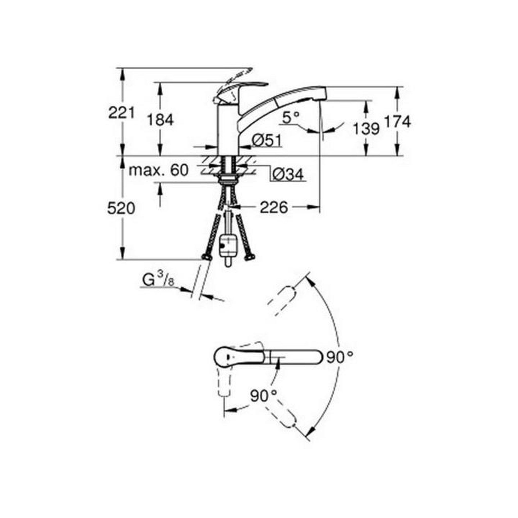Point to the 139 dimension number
tap(366, 129)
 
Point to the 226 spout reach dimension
tap(274, 207)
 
